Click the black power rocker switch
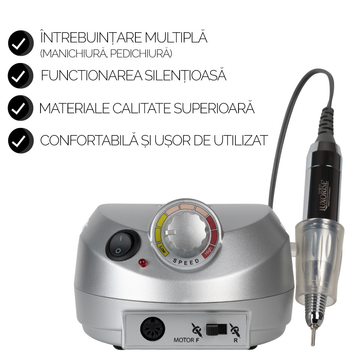(x=123, y=245)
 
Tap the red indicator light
(x=142, y=263)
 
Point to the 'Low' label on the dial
(x=163, y=249)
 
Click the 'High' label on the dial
(x=208, y=251)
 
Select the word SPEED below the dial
(x=186, y=261)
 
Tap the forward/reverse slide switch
(x=216, y=329)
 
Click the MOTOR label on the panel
(x=183, y=340)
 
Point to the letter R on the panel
(x=235, y=340)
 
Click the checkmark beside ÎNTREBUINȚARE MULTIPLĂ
(x=21, y=43)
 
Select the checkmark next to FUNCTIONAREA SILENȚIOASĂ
(x=20, y=75)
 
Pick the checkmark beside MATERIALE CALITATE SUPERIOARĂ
(x=20, y=108)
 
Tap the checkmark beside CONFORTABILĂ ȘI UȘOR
(x=21, y=141)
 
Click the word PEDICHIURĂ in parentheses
(x=141, y=54)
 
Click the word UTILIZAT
(x=241, y=140)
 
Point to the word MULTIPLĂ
(x=176, y=37)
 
